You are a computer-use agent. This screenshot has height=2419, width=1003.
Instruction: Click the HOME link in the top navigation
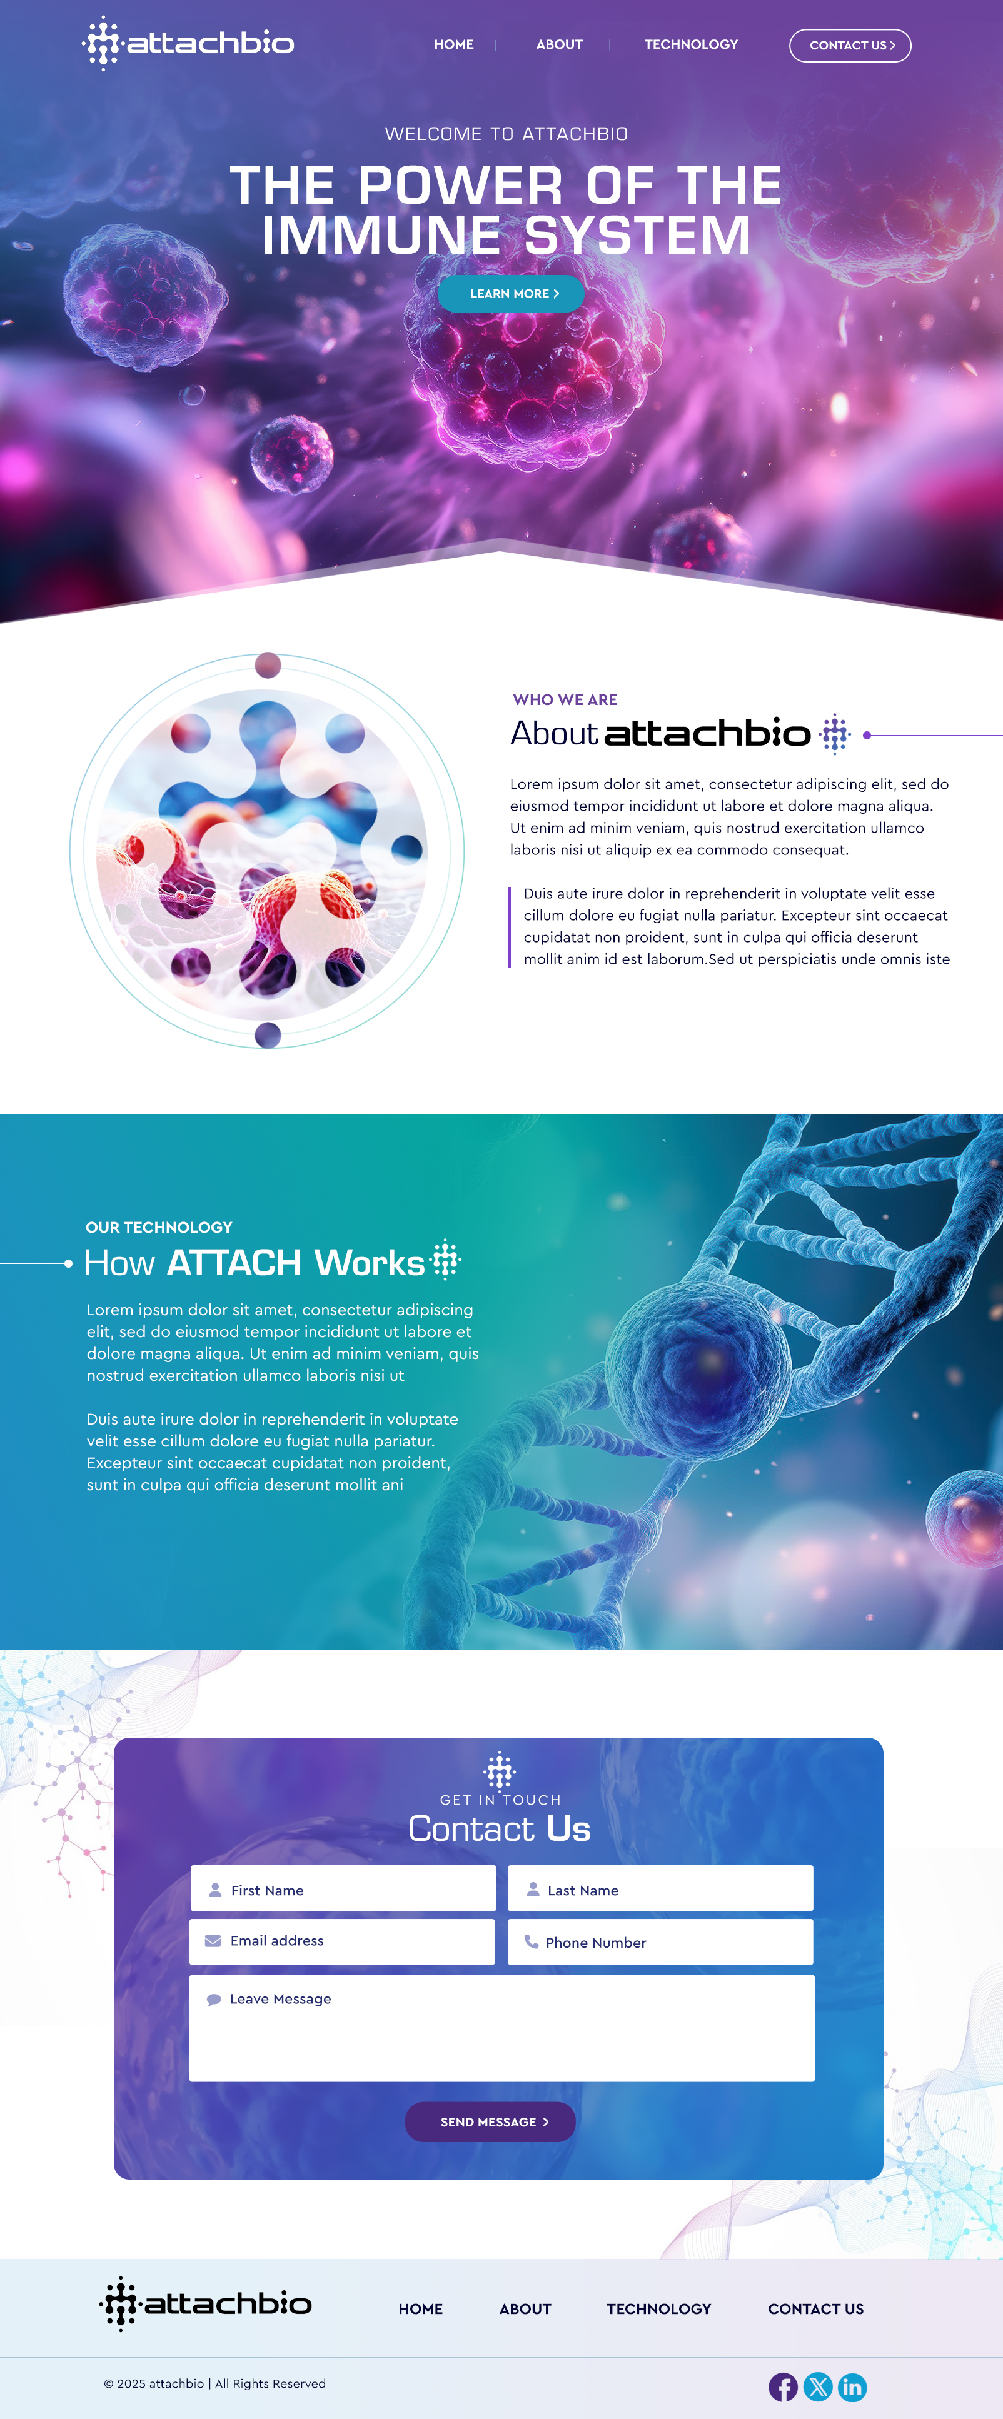pyautogui.click(x=453, y=44)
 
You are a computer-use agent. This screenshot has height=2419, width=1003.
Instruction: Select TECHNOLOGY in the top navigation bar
pyautogui.click(x=690, y=44)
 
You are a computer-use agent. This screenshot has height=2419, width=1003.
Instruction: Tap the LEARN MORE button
pyautogui.click(x=511, y=294)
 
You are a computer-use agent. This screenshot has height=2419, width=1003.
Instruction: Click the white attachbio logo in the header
pyautogui.click(x=188, y=43)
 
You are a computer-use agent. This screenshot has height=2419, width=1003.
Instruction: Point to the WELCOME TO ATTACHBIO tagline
pyautogui.click(x=507, y=133)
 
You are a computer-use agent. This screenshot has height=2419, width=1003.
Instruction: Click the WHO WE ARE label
pyautogui.click(x=565, y=699)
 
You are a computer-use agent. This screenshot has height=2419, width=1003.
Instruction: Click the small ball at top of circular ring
pyautogui.click(x=268, y=665)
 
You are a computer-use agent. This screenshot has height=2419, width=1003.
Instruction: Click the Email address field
pyautogui.click(x=342, y=1940)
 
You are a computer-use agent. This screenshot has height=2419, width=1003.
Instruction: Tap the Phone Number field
pyautogui.click(x=660, y=1942)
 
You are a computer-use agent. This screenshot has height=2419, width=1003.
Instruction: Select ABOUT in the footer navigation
pyautogui.click(x=525, y=2308)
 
